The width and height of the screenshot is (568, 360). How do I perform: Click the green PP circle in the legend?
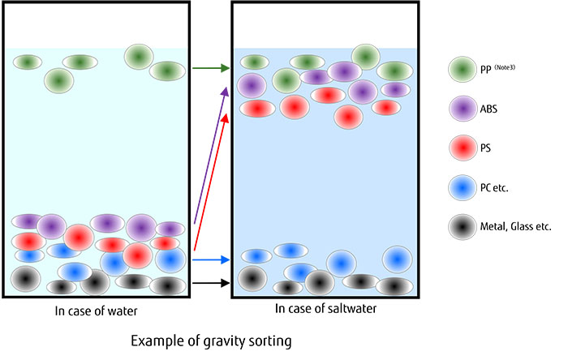point(462,71)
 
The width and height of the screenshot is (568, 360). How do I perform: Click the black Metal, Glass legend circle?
point(462,228)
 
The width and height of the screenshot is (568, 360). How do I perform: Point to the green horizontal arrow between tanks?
point(210,69)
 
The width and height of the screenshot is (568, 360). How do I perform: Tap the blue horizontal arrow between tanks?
point(210,260)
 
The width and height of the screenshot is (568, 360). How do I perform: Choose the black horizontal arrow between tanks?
point(210,283)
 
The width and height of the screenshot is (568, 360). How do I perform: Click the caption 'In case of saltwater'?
point(322,309)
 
